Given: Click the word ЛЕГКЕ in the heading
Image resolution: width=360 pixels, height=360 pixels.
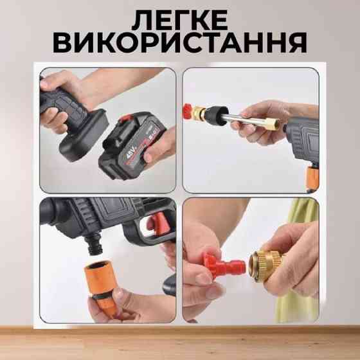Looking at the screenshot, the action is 180,20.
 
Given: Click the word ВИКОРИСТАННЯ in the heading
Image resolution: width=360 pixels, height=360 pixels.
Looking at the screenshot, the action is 180,42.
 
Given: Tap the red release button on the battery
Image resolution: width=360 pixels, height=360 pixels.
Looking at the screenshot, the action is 126,118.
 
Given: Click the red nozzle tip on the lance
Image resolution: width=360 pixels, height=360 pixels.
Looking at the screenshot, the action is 188,111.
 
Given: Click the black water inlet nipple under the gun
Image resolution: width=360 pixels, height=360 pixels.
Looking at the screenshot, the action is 94,244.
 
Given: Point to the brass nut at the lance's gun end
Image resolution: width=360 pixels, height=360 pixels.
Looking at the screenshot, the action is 274,124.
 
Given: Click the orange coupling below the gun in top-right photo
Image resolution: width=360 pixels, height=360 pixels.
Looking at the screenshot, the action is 312,176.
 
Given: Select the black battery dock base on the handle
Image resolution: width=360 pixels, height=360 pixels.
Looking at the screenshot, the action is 84,136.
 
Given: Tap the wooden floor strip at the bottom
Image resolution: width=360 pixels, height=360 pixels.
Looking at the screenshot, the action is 180,343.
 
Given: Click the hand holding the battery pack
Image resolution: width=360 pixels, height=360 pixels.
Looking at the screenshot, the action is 158,147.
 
